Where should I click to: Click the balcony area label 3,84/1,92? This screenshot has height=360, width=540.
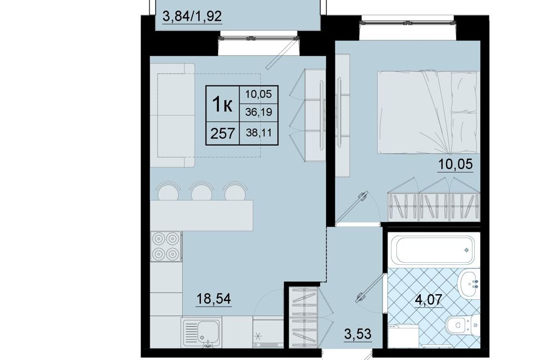point(192,16)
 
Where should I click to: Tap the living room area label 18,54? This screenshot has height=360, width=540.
point(214,298)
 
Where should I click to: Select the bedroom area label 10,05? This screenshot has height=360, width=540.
point(455,164)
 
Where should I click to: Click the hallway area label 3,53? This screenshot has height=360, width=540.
point(358,334)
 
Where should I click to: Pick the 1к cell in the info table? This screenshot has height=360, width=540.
point(222,103)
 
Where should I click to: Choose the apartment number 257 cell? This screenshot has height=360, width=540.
point(223,133)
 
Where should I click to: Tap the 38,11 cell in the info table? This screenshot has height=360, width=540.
point(259,133)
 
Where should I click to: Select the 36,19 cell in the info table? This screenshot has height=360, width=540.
point(259,112)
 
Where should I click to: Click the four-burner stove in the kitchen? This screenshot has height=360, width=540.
point(166,246)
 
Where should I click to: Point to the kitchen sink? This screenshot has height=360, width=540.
point(202,332)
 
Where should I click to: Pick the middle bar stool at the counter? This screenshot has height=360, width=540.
point(201,191)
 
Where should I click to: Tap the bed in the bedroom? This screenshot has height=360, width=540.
point(429,112)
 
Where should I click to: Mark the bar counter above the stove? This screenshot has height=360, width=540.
point(201,215)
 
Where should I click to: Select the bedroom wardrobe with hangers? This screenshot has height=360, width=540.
point(434,205)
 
